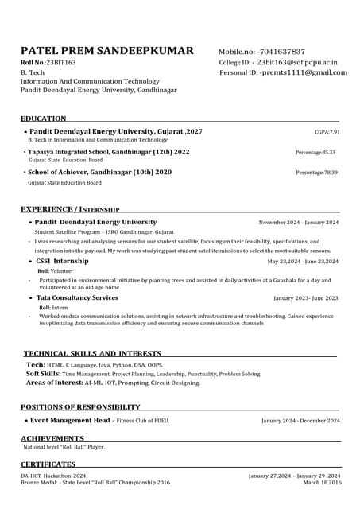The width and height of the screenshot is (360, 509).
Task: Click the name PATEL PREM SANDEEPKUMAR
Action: [106, 51]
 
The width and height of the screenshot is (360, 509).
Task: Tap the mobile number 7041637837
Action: [282, 52]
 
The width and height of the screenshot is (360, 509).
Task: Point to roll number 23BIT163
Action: [60, 62]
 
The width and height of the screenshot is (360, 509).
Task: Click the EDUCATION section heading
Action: [44, 119]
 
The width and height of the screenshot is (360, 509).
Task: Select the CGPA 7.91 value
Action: [327, 132]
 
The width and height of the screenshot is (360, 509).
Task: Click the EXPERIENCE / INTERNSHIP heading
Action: [70, 209]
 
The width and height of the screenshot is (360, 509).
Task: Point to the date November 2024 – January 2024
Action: [298, 223]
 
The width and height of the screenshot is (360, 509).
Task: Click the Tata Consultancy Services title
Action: [76, 298]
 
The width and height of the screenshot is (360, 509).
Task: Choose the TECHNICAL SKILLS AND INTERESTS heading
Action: [92, 353]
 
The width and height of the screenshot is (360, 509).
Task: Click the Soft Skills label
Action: [44, 373]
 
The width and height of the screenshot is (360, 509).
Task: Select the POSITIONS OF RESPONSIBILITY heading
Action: [80, 407]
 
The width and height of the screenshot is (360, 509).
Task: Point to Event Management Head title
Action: [70, 420]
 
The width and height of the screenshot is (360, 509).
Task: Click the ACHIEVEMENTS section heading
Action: [52, 438]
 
